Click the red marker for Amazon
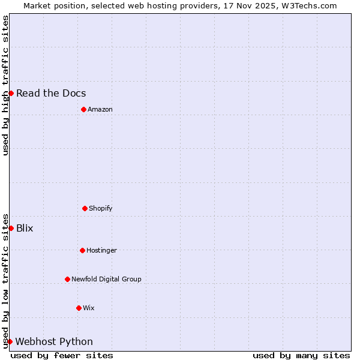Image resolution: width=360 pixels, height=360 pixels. pos(83,109)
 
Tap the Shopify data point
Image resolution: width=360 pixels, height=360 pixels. pos(85,208)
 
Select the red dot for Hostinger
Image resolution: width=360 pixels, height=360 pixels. pos(82,250)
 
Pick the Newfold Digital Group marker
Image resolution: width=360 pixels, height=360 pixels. pos(67,279)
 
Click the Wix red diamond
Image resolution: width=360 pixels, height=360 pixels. pos(79,308)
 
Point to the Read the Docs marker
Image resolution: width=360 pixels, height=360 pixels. pos(11,93)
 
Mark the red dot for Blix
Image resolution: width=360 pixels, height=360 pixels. pos(11,228)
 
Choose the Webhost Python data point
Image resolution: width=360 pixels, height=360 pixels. pos(10,341)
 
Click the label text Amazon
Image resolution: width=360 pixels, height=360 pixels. pos(100,109)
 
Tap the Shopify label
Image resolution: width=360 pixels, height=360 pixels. pos(101,208)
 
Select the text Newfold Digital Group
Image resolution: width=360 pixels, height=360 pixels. pos(106,279)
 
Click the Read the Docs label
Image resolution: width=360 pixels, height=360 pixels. pos(51,93)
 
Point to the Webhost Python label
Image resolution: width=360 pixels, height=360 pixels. pos(54,341)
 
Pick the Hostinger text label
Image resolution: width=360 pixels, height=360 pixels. pos(101,250)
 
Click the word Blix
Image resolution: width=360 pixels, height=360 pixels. pos(25,228)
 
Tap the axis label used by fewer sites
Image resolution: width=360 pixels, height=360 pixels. pos(62,355)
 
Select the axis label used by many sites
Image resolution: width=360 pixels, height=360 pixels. pos(301,355)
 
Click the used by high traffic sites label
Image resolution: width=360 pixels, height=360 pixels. pos(5,85)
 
